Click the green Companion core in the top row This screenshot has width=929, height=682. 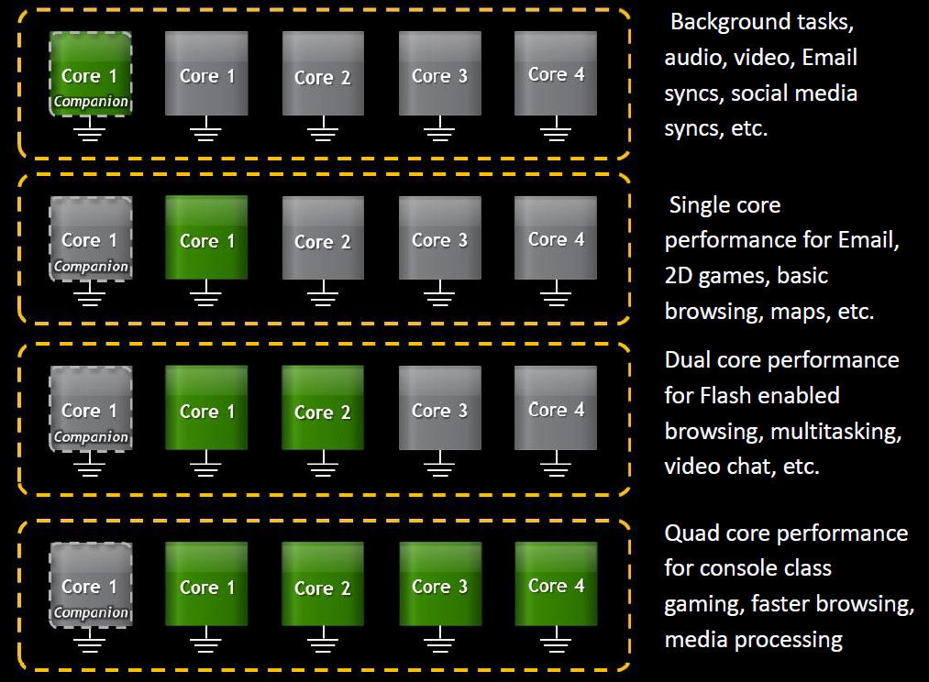pyautogui.click(x=90, y=74)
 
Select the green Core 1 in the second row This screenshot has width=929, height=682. pyautogui.click(x=206, y=238)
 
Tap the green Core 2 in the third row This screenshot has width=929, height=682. pyautogui.click(x=322, y=408)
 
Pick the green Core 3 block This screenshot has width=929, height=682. pyautogui.click(x=439, y=583)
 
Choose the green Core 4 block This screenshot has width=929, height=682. pyautogui.click(x=555, y=583)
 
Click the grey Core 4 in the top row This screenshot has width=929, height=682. pyautogui.click(x=555, y=73)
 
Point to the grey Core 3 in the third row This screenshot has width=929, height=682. pyautogui.click(x=439, y=408)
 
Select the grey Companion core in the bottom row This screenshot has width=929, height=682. pyautogui.click(x=90, y=585)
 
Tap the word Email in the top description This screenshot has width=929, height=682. pyautogui.click(x=829, y=58)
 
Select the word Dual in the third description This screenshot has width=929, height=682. pyautogui.click(x=691, y=359)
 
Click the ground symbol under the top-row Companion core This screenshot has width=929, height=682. pyautogui.click(x=90, y=134)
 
